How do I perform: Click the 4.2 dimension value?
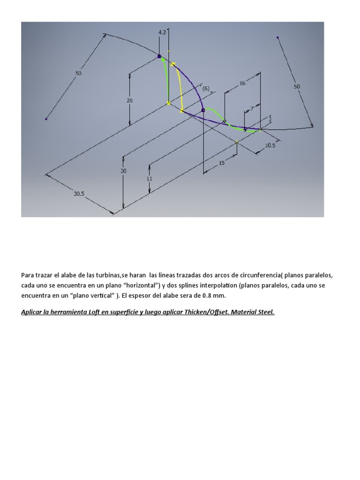coord(162,32)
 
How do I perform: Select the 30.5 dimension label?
coord(78,194)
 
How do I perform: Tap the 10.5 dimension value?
coord(270,145)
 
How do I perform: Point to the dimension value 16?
coord(242,83)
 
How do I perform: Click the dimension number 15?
coord(222,163)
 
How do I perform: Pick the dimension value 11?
coord(150,179)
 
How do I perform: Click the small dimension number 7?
coord(252,109)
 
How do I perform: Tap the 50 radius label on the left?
coord(78,73)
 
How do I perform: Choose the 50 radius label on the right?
coord(297,87)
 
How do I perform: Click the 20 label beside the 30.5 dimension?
coord(123,171)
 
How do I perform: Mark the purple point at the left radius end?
coord(46,119)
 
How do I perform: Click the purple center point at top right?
coord(278,37)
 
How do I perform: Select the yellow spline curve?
coord(178,87)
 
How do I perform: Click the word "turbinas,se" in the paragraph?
coord(105,275)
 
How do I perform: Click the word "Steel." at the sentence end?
coord(265,312)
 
